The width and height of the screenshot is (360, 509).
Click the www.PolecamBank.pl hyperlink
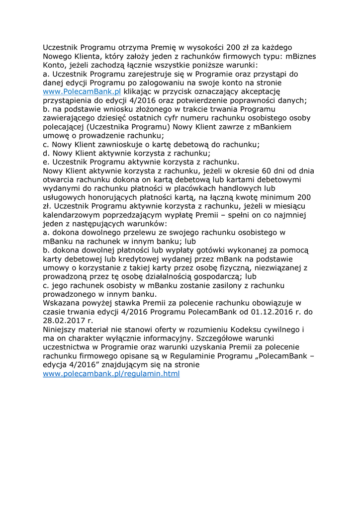(x=82, y=91)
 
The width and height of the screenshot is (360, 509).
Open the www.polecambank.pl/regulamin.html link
(x=111, y=373)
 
